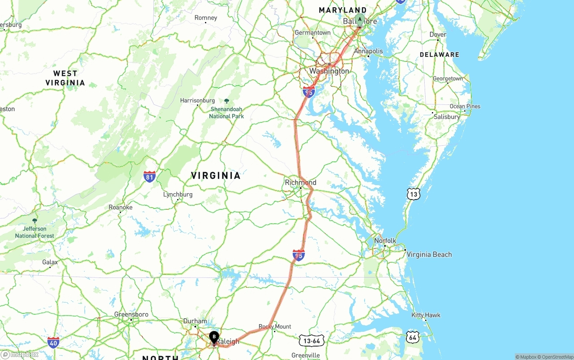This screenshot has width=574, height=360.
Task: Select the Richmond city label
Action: pyautogui.click(x=300, y=182)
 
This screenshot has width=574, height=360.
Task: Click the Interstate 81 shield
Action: pyautogui.click(x=150, y=176)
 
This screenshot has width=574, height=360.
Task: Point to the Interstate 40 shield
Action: pyautogui.click(x=53, y=343)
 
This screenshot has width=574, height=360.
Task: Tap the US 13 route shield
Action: pyautogui.click(x=413, y=194)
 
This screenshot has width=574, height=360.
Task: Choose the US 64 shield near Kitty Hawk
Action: pyautogui.click(x=413, y=337)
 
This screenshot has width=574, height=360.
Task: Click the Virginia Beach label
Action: pyautogui.click(x=429, y=255)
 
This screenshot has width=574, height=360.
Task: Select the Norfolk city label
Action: pyautogui.click(x=385, y=241)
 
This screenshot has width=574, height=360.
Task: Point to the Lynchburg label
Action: pyautogui.click(x=178, y=195)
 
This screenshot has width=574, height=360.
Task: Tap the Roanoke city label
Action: pyautogui.click(x=121, y=208)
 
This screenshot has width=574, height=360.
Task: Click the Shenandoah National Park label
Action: pyautogui.click(x=226, y=113)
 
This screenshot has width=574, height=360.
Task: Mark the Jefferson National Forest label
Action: pyautogui.click(x=35, y=232)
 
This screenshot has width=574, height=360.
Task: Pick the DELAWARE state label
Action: pyautogui.click(x=439, y=55)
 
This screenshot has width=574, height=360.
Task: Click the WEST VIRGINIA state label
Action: pyautogui.click(x=65, y=78)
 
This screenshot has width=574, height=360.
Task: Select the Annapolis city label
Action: pyautogui.click(x=369, y=51)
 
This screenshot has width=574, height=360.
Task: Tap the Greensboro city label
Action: pyautogui.click(x=131, y=314)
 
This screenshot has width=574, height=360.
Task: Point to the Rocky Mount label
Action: pyautogui.click(x=275, y=326)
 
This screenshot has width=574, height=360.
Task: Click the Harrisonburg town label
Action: pyautogui.click(x=197, y=100)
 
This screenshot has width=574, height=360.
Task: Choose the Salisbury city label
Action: pyautogui.click(x=447, y=117)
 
